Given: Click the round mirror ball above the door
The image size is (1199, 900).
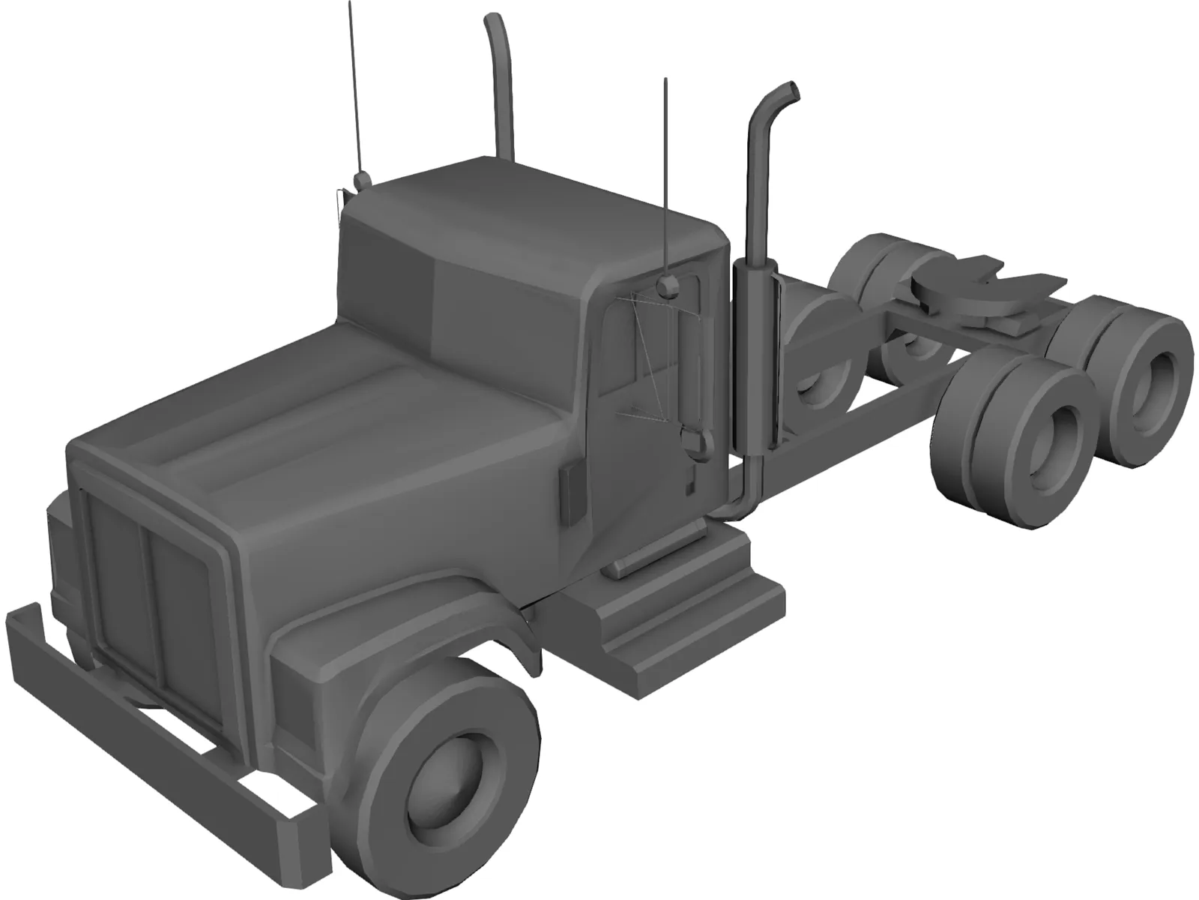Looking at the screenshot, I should (668, 284).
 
